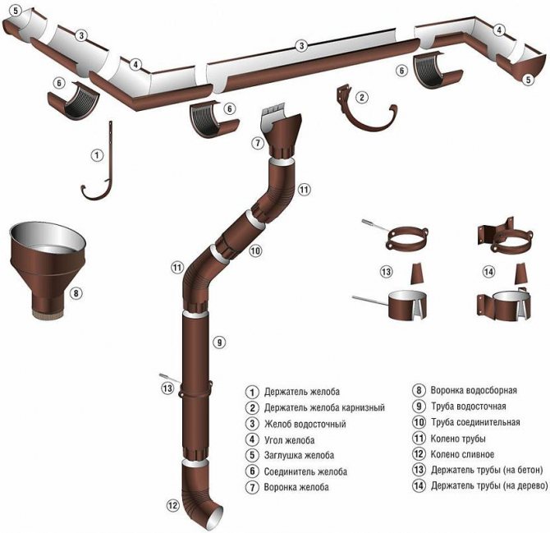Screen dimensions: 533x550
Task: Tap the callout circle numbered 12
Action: point(172,505)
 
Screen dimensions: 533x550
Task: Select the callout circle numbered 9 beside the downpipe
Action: point(218,341)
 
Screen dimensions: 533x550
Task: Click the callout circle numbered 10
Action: point(254,250)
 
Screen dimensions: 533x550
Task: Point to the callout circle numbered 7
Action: point(257,143)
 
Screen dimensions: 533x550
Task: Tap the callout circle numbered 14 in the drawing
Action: point(489,271)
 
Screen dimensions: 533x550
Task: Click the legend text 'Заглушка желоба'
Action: point(298,456)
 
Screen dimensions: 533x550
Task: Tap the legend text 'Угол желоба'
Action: point(290,439)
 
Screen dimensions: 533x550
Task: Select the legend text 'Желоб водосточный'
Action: point(305,424)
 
